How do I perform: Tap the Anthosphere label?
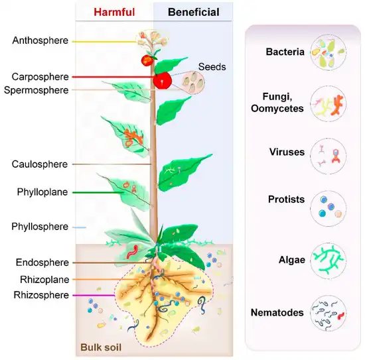pos(40,40)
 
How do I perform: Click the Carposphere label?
pos(40,77)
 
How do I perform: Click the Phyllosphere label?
pos(40,227)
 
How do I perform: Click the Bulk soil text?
pos(101,346)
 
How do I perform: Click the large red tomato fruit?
pos(163,80)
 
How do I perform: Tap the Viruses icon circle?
pos(328,153)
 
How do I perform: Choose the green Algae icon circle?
pos(328,261)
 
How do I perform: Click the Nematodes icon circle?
pos(328,314)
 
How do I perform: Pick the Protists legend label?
pos(285,200)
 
